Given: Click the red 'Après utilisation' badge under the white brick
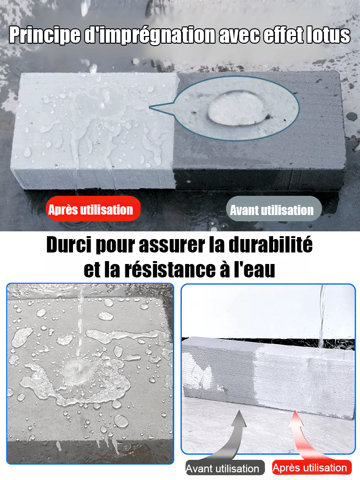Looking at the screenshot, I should click(91, 209).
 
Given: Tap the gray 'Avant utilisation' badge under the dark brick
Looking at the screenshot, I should click(272, 210).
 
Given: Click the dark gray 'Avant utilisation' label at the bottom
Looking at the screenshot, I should click(222, 468).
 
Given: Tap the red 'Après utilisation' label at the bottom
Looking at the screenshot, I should click(310, 468).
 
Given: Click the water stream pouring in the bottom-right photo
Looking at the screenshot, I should click(322, 317).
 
